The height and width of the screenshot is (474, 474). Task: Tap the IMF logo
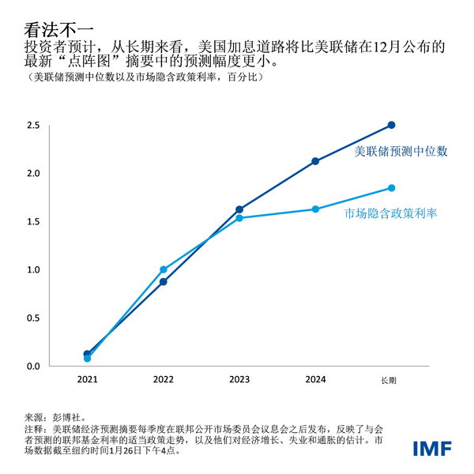point(432,448)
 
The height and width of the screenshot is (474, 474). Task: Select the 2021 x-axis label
point(88,380)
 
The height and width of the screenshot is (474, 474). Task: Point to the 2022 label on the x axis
point(164,380)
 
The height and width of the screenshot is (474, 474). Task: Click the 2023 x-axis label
point(239,380)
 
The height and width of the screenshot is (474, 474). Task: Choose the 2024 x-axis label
point(315,380)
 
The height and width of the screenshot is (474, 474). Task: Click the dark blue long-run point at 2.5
point(391,125)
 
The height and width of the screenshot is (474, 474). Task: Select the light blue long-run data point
point(391,188)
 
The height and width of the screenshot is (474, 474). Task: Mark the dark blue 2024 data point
point(315,161)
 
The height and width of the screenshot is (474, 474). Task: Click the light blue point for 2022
point(164,269)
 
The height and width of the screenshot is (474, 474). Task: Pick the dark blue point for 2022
point(164,282)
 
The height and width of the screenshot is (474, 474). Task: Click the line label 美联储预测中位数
point(401,150)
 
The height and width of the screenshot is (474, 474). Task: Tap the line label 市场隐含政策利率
point(391,213)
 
